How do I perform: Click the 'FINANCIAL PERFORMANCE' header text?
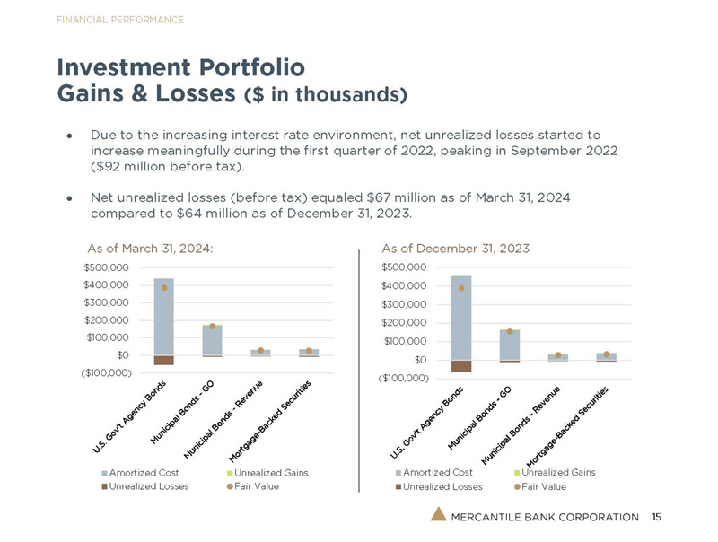tap(119, 20)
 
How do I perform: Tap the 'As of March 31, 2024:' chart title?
tap(150, 248)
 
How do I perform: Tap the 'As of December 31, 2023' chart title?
tap(455, 248)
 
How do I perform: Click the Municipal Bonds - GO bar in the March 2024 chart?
tap(212, 340)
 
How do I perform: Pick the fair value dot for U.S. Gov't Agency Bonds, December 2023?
tap(461, 288)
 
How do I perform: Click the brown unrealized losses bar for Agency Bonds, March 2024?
tap(164, 360)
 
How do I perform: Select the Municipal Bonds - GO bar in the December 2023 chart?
tap(509, 345)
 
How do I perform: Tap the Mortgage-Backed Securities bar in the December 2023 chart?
tap(606, 356)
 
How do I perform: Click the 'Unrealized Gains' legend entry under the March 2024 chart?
tap(270, 472)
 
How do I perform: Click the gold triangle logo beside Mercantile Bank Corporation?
tap(435, 516)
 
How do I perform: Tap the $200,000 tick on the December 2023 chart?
tap(404, 323)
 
